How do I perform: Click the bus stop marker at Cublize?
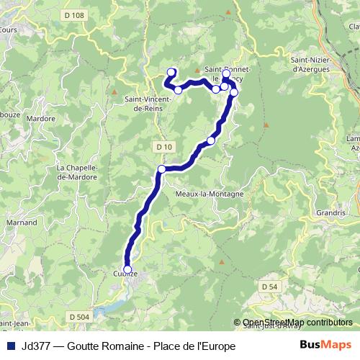[x=127, y=269]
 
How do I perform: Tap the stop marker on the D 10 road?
[x=161, y=169]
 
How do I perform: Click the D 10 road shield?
[x=164, y=146]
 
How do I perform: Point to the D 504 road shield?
[x=81, y=316]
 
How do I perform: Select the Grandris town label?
[x=330, y=213]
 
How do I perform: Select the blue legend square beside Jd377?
[x=9, y=346]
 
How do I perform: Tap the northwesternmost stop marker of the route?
[x=171, y=71]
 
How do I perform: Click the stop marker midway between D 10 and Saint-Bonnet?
[x=211, y=140]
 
